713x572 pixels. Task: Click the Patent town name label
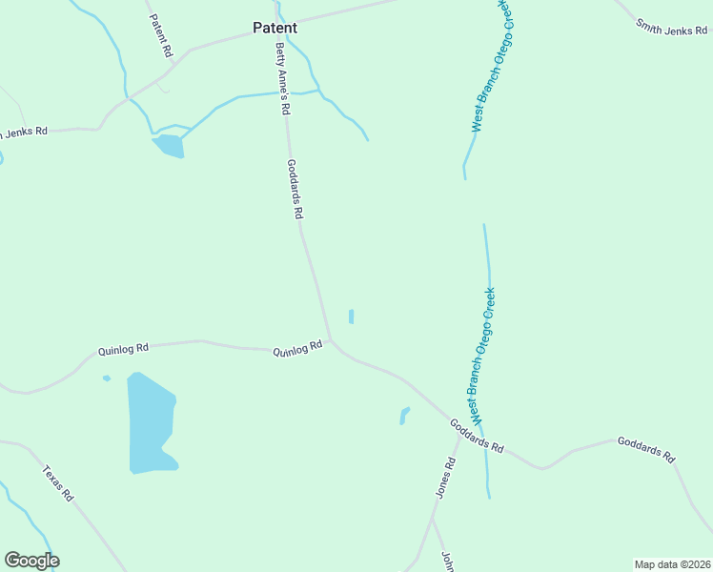tap(275, 28)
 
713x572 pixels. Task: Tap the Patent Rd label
tap(160, 33)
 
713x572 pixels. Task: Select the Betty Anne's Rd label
tap(281, 79)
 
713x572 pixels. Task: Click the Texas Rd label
tap(57, 482)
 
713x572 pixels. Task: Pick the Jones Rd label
tap(445, 478)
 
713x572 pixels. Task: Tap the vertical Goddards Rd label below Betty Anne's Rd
tap(295, 189)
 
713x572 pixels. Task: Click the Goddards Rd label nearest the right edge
tap(645, 448)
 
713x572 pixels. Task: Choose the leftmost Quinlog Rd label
tap(123, 349)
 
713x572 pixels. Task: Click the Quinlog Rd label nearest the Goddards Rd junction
tap(298, 350)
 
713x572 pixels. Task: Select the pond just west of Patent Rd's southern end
tap(169, 145)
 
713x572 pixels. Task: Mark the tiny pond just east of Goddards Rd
tap(351, 316)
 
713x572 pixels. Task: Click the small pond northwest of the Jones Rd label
tap(404, 416)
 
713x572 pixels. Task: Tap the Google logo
tap(31, 561)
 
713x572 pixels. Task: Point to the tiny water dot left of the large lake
tap(107, 378)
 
